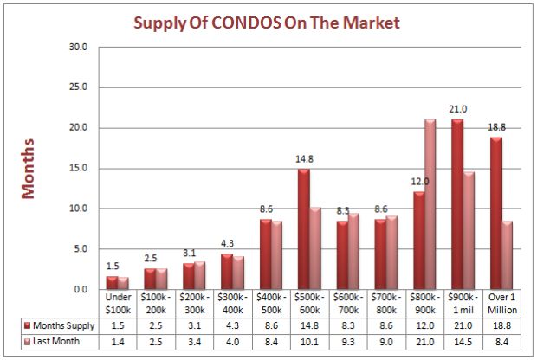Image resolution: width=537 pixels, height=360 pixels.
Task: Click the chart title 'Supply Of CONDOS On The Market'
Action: point(267,22)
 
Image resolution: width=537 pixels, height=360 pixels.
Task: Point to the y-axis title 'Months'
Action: point(28,168)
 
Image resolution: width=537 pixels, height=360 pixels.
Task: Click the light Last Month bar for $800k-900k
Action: point(430,204)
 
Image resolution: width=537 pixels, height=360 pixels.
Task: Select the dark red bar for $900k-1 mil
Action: point(456,204)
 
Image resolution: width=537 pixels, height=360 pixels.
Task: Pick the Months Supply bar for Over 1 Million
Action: point(496,213)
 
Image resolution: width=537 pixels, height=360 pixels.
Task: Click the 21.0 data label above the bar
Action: point(458,108)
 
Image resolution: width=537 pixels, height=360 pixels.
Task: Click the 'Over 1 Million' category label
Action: point(502,303)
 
